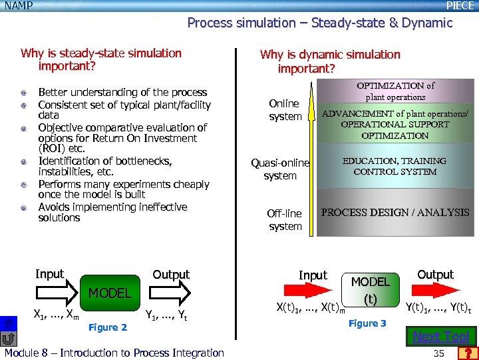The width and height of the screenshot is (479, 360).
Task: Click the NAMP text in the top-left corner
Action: [18, 5]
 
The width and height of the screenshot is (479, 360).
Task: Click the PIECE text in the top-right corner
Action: [460, 5]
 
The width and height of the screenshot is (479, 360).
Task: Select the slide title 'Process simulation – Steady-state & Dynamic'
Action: [319, 23]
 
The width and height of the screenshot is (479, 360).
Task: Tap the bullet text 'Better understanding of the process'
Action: [122, 93]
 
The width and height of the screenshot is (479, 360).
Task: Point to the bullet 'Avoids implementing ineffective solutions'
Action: [112, 213]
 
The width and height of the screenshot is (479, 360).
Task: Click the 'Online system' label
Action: [285, 110]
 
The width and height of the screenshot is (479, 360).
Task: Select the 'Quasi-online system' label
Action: [280, 169]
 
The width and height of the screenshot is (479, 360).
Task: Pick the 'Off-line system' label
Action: [285, 220]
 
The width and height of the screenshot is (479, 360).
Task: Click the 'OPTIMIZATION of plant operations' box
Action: [395, 91]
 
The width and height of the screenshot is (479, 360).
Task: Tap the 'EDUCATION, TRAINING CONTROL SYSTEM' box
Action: [395, 166]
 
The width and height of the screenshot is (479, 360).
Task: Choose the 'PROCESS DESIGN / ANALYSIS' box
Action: [395, 213]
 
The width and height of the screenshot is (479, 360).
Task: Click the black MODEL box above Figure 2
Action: [110, 293]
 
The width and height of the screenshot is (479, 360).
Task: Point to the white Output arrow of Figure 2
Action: [171, 291]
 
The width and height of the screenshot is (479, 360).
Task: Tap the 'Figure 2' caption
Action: [107, 327]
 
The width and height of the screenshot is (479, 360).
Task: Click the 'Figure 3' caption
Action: [367, 323]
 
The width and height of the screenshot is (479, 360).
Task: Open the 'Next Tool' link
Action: [441, 337]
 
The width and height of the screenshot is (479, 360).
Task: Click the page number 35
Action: [438, 353]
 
